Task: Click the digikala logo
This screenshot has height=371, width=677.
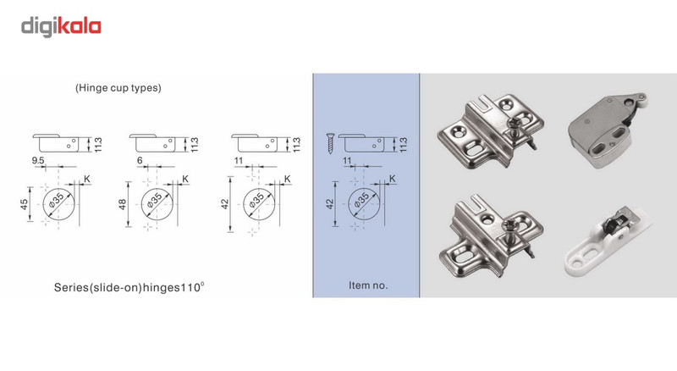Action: (61, 26)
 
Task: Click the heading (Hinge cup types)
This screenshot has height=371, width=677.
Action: (118, 88)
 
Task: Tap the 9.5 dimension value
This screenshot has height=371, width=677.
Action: (37, 160)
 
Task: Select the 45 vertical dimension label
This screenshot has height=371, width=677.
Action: (25, 203)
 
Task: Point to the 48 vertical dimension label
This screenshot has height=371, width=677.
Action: (123, 204)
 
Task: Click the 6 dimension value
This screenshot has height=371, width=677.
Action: (140, 160)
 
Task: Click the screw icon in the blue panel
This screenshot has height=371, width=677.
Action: (330, 143)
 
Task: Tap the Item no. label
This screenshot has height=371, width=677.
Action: (368, 285)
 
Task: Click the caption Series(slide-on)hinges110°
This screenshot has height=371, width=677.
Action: (129, 287)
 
